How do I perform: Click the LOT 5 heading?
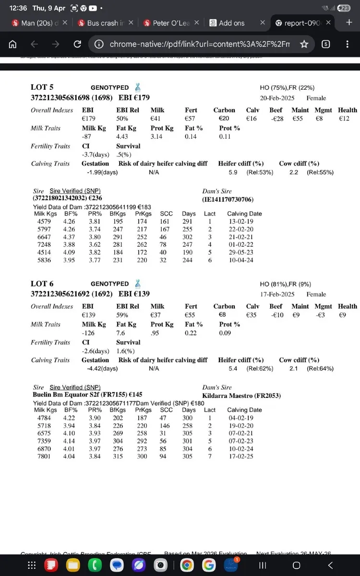(42, 87)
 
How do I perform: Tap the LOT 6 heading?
(42, 284)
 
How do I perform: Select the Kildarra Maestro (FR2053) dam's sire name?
(241, 396)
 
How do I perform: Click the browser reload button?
(77, 44)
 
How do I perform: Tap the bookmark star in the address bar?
(304, 44)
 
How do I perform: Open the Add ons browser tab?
(231, 23)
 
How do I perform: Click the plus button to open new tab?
(349, 23)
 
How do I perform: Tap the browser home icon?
(13, 44)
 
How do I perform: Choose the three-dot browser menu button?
(347, 44)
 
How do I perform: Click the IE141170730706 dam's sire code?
(228, 199)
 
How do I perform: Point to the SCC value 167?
(167, 229)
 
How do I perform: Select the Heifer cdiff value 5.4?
(233, 368)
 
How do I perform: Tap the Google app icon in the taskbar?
(208, 565)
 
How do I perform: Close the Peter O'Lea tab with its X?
(197, 23)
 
